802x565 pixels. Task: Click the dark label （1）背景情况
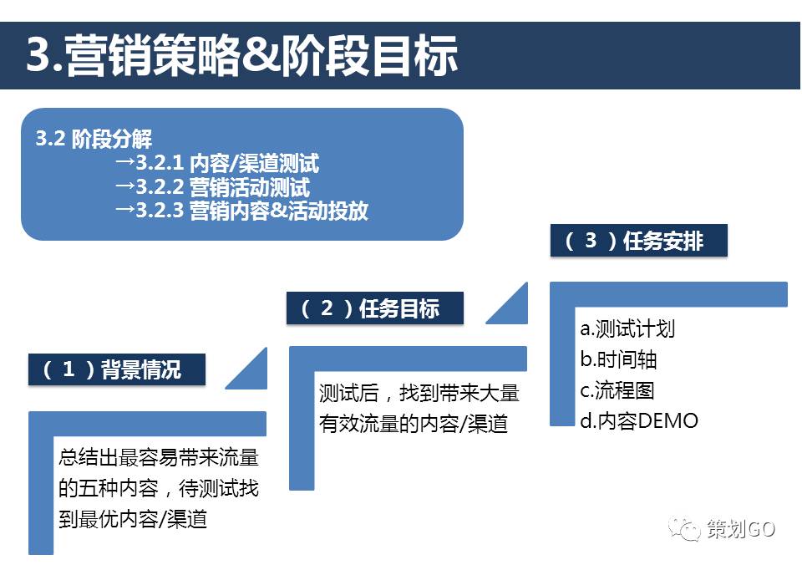click(117, 369)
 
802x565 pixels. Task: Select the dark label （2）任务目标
click(374, 308)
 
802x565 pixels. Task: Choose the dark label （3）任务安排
click(639, 241)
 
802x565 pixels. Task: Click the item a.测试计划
click(627, 328)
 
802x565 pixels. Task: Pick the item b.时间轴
click(618, 359)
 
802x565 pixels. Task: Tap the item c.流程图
click(617, 389)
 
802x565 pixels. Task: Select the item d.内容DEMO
click(639, 420)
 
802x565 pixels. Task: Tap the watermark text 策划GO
click(741, 529)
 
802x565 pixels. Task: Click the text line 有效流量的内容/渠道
click(414, 424)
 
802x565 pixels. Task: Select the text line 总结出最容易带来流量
click(159, 457)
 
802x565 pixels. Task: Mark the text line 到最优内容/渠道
click(133, 519)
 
